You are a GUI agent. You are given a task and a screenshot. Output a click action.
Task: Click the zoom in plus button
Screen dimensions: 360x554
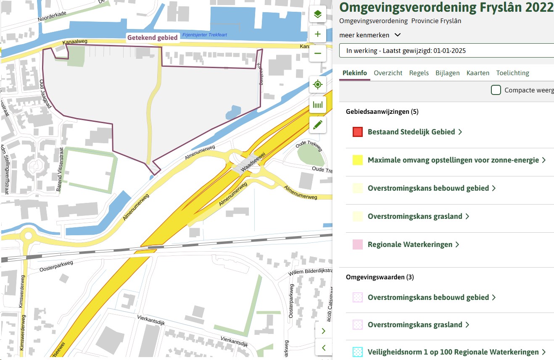[x=318, y=34]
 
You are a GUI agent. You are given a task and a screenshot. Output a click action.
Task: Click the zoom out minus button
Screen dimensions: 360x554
[x=318, y=53]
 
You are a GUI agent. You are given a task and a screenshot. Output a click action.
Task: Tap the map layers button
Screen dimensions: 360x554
[x=318, y=15]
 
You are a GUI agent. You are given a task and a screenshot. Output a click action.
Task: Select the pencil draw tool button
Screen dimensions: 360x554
[x=318, y=124]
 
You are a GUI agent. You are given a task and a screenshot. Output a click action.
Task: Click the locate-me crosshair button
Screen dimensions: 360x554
[x=318, y=85]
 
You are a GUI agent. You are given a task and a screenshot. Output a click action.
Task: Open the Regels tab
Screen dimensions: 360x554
[x=419, y=73]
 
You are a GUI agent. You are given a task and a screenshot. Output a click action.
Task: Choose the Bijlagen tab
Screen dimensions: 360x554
[x=448, y=73]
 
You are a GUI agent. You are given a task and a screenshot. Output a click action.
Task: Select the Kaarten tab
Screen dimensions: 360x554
[x=478, y=73]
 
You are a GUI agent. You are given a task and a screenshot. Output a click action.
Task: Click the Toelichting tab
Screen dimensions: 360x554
[x=512, y=73]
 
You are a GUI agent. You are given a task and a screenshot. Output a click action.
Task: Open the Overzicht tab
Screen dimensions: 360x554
[x=388, y=73]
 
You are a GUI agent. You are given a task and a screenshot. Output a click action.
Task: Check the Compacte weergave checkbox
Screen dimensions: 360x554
[x=496, y=90]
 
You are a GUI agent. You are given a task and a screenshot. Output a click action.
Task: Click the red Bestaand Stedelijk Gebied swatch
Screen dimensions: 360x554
[x=358, y=132]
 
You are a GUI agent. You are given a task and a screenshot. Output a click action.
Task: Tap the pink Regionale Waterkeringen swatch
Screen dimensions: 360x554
[x=358, y=244]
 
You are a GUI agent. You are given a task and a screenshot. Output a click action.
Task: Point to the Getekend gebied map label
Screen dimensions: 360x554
[x=153, y=37]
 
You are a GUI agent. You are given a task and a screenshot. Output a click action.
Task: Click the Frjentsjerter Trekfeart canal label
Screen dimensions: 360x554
[x=205, y=35]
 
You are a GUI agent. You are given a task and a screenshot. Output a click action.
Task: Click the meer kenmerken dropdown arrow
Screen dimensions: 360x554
[x=398, y=35]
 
